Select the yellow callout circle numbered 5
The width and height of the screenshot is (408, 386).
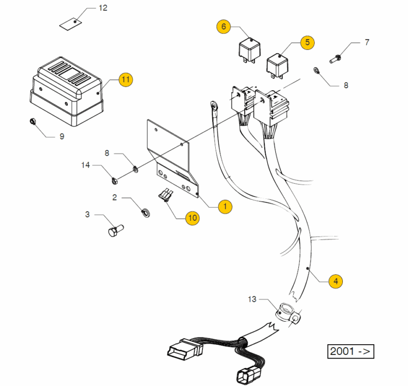pos(307,42)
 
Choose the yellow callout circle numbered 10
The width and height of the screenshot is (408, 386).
pos(192,218)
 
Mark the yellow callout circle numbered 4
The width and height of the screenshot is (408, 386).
pos(335,280)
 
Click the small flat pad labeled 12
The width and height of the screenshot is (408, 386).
pos(71,23)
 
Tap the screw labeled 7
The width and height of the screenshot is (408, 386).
pos(337,58)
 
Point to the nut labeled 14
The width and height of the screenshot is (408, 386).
pos(114,179)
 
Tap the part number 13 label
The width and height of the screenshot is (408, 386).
pos(253,298)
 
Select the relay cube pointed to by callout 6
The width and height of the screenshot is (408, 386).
pos(249,49)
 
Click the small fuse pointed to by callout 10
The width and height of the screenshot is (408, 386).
pos(166,195)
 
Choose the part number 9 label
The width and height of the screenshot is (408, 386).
pos(62,137)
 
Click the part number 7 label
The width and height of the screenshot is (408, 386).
pos(366,42)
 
